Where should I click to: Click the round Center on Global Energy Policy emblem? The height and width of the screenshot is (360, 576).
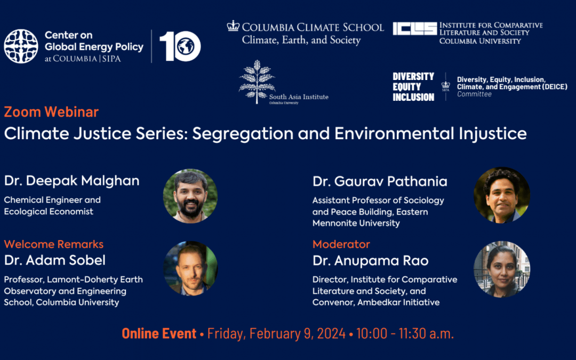(21, 46)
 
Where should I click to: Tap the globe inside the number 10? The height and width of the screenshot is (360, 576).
(186, 46)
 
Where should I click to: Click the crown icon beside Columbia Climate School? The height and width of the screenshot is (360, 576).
(233, 26)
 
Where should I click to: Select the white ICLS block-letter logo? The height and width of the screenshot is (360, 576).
(415, 28)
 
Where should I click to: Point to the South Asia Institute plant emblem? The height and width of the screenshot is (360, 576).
(257, 82)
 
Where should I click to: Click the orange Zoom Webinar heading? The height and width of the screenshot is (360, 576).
(51, 112)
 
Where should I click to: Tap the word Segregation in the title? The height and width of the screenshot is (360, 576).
(243, 134)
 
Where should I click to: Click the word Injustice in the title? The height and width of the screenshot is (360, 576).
(492, 133)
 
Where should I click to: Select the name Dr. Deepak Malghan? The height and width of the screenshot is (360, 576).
(72, 181)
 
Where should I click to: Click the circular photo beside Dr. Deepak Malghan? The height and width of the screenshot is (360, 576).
(190, 196)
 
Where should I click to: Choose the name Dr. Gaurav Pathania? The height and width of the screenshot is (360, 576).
(380, 181)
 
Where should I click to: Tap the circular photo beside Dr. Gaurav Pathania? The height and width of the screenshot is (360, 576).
(502, 195)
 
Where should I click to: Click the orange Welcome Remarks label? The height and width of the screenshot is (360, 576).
(54, 244)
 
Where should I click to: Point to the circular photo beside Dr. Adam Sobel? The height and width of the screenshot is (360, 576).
(190, 268)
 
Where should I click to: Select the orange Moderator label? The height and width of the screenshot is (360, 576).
(341, 244)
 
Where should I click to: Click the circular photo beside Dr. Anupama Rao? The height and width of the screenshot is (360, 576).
(502, 269)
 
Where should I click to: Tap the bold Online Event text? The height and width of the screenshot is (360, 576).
(159, 333)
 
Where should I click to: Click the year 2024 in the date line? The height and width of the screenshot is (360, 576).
(331, 333)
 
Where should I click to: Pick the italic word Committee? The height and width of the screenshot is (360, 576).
(474, 94)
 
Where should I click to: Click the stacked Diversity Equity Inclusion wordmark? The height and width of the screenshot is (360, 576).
(413, 87)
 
